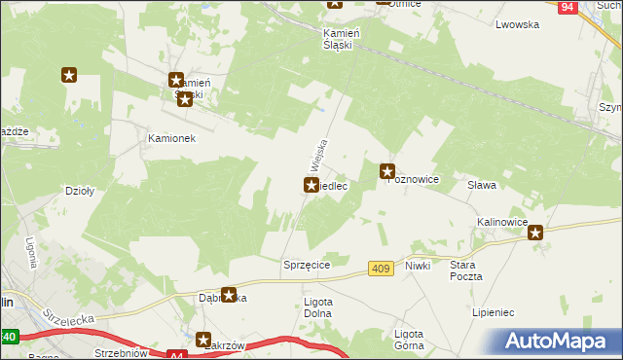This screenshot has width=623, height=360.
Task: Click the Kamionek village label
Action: pos(171,138)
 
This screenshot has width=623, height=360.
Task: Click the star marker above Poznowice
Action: pos(387,171)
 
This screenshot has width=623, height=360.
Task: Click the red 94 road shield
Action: pos(569,7)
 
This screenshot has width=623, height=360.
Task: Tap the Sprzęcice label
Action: pos(307,265)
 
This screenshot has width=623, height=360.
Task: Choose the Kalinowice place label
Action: pos(501,223)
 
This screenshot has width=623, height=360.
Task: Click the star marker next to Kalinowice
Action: pos(535,232)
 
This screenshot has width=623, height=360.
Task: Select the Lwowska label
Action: pos(517,25)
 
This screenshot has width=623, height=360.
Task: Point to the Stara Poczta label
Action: pos(466,270)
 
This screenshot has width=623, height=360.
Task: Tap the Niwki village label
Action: pos(418,265)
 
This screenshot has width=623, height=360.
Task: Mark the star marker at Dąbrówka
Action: pos(229,294)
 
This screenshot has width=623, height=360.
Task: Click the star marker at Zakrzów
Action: pos(204,341)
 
